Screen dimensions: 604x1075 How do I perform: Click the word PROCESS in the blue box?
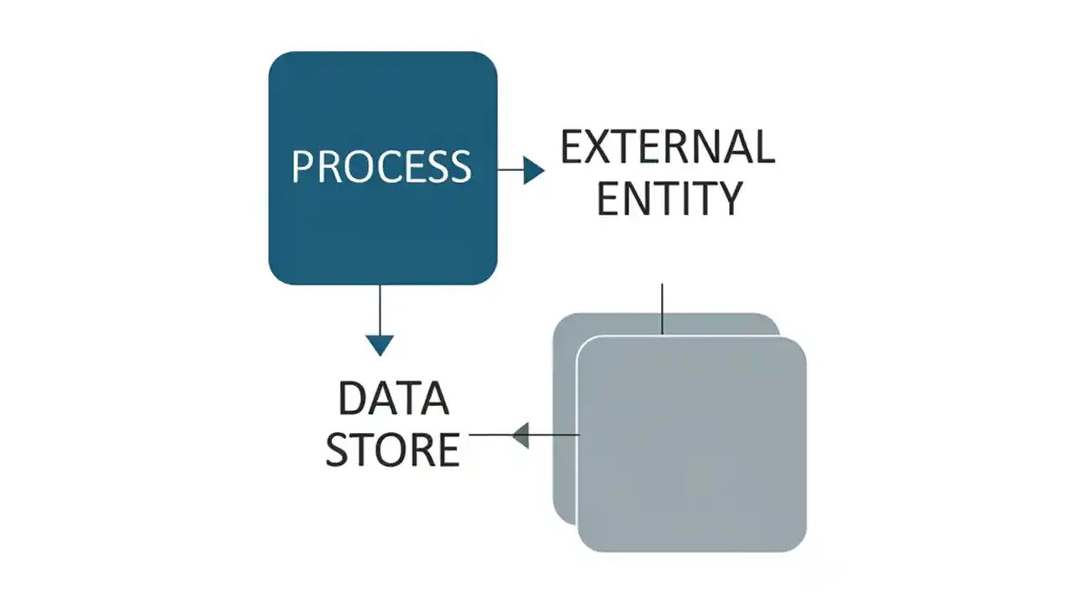coord(381,166)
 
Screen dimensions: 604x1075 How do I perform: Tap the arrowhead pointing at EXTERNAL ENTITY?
coord(533,170)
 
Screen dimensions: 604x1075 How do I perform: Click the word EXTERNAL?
coord(668,148)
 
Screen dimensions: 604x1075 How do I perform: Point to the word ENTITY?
coord(669,198)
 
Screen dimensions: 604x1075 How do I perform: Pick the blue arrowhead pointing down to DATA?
coord(380,344)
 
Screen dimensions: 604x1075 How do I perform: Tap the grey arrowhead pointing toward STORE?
coord(521,435)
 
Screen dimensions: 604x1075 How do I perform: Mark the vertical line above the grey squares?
coord(663,309)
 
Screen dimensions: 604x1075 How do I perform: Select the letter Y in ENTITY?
coord(727,198)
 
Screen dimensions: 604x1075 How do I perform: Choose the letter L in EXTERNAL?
coord(762,148)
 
